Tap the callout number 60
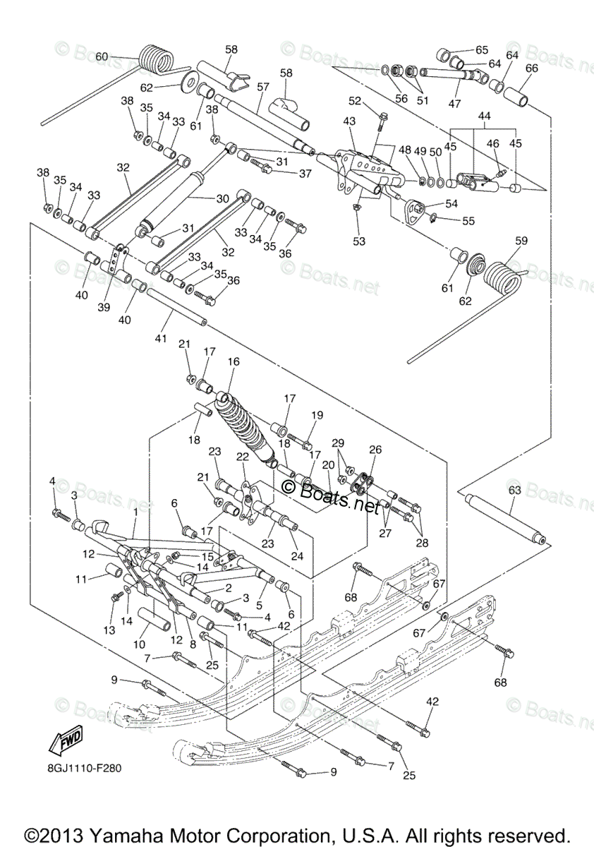tap(102, 56)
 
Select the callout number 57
tap(262, 87)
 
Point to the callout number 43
tap(349, 121)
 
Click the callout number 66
tap(531, 68)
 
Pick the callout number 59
tap(521, 241)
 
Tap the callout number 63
tap(515, 491)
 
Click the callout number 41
tap(161, 339)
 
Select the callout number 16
tap(234, 362)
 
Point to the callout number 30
tap(222, 198)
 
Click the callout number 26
tap(375, 450)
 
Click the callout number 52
tap(355, 101)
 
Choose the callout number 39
tap(104, 308)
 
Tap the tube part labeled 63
tap(505, 520)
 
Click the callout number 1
tap(135, 512)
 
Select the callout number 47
tap(454, 103)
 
